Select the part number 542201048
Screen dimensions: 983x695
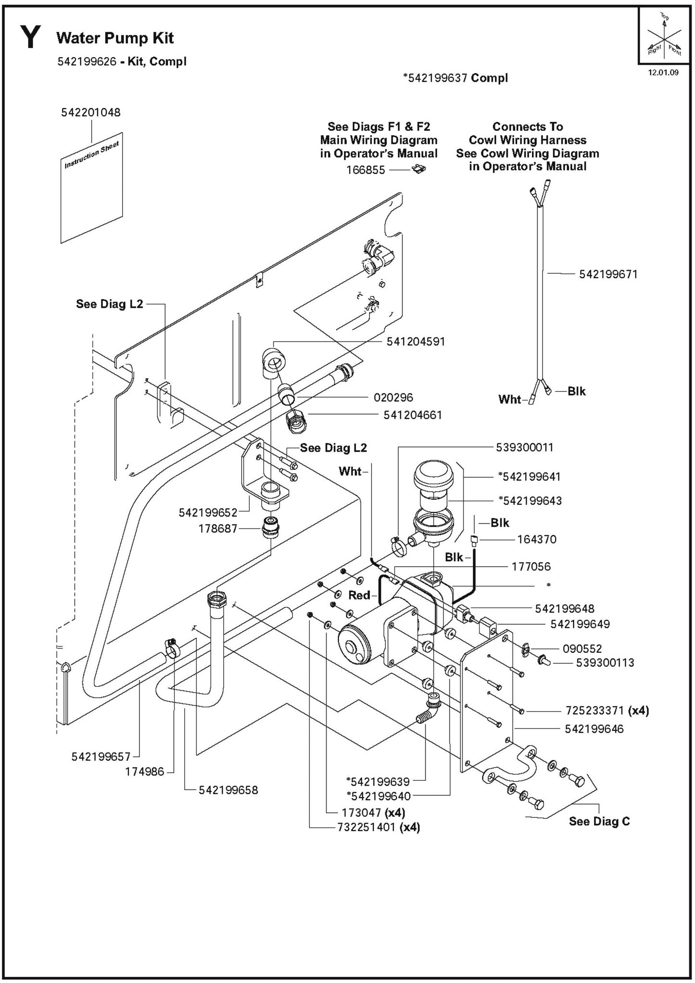pyautogui.click(x=90, y=112)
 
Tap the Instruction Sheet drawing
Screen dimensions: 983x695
pyautogui.click(x=92, y=188)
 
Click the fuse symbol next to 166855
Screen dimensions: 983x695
pyautogui.click(x=420, y=168)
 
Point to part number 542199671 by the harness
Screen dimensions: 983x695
pyautogui.click(x=608, y=274)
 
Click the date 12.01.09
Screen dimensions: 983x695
pyautogui.click(x=663, y=74)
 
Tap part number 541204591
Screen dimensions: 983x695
pyautogui.click(x=416, y=341)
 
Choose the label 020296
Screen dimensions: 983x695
pyautogui.click(x=393, y=398)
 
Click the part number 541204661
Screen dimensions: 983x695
pyautogui.click(x=412, y=414)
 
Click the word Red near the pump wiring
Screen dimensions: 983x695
pyautogui.click(x=359, y=595)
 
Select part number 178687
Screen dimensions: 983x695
pyautogui.click(x=218, y=529)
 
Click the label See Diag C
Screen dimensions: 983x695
pyautogui.click(x=599, y=821)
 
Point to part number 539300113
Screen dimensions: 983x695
pyautogui.click(x=605, y=662)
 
